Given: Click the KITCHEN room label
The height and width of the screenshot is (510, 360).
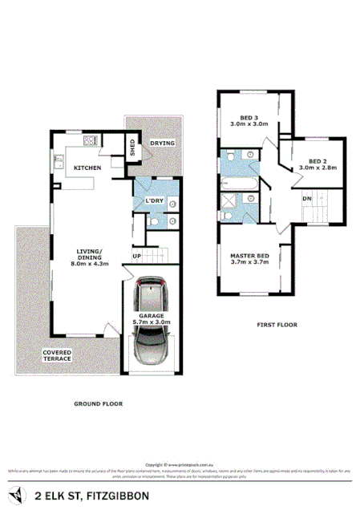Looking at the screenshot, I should pos(87,168).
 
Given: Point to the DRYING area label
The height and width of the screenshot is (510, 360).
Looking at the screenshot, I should pos(162,144).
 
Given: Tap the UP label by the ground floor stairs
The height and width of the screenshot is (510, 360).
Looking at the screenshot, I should pos(136,257).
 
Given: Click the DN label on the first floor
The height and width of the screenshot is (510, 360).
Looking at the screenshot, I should pos(307,199).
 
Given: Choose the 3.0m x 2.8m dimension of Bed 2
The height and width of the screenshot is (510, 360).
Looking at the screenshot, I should pos(318,168).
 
